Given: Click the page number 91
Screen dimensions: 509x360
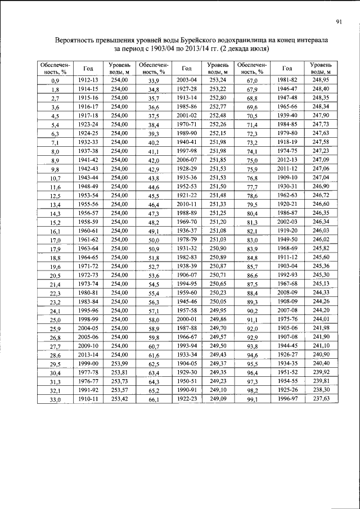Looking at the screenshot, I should pyautogui.click(x=340, y=22).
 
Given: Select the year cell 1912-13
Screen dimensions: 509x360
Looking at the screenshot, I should pyautogui.click(x=88, y=80).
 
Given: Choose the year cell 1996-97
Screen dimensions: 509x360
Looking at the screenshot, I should pyautogui.click(x=287, y=399).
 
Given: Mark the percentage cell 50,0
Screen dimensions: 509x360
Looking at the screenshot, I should pyautogui.click(x=154, y=241).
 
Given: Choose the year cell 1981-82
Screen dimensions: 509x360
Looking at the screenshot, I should pyautogui.click(x=287, y=80).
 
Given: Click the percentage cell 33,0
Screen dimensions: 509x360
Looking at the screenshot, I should pyautogui.click(x=55, y=399).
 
